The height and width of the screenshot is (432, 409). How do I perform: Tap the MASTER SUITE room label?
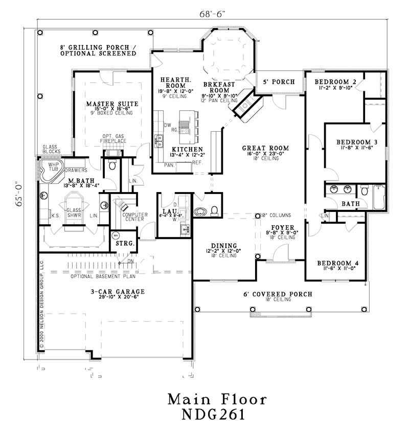[112, 104]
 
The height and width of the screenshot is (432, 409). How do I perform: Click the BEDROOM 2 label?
[335, 82]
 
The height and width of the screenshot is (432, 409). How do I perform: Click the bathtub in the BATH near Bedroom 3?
[379, 198]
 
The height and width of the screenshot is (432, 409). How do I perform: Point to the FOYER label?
[281, 226]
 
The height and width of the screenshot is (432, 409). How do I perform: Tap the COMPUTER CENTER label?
[135, 218]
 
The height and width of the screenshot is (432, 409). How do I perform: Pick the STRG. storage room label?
[125, 244]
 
